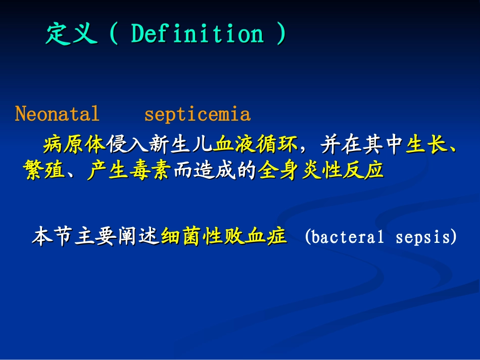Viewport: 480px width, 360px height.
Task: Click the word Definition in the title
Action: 198,33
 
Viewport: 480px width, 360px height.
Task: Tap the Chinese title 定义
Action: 72,34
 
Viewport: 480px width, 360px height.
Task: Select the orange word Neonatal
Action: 57,114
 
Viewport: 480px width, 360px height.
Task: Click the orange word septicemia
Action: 198,115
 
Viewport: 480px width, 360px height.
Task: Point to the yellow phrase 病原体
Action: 74,144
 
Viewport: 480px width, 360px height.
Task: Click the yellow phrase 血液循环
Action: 256,144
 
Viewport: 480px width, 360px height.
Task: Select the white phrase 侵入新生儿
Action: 160,144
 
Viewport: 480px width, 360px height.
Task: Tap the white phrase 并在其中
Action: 362,144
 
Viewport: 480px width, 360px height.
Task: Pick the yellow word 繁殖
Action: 44,170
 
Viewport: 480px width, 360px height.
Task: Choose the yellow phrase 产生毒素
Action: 128,170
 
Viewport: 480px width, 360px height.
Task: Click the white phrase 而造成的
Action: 215,170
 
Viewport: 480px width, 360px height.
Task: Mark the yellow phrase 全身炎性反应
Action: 320,170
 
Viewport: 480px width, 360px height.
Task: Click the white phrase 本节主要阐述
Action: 95,236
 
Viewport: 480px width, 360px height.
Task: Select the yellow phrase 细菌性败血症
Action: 224,236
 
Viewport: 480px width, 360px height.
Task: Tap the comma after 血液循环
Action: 303,150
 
